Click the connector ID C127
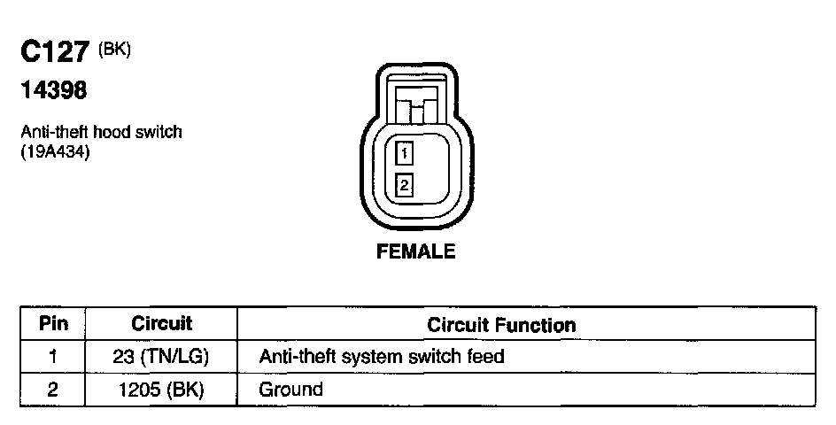pos(56,53)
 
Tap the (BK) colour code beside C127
pos(115,50)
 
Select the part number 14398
pos(53,89)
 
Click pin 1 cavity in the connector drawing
pos(404,155)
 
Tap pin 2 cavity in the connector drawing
pos(404,185)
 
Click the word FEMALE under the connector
pos(416,251)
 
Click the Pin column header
pos(55,324)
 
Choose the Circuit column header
pos(161,324)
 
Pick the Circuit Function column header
pos(501,325)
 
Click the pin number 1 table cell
pos(55,357)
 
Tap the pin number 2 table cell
pos(55,389)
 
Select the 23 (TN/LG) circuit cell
pos(161,357)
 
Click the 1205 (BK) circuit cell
pos(161,389)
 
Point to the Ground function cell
pos(290,389)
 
